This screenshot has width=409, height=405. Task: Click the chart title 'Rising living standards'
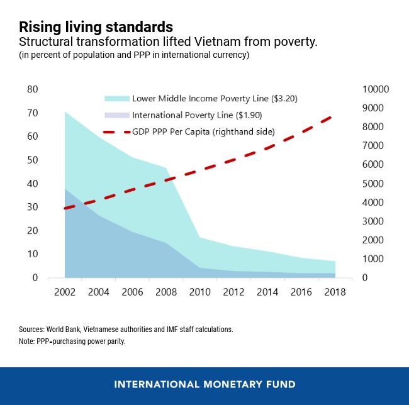click(96, 28)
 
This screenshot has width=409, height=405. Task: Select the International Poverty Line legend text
click(197, 116)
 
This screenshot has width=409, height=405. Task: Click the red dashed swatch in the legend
click(116, 133)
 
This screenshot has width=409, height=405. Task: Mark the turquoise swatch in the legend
click(116, 99)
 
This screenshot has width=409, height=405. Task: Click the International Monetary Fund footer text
click(204, 384)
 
